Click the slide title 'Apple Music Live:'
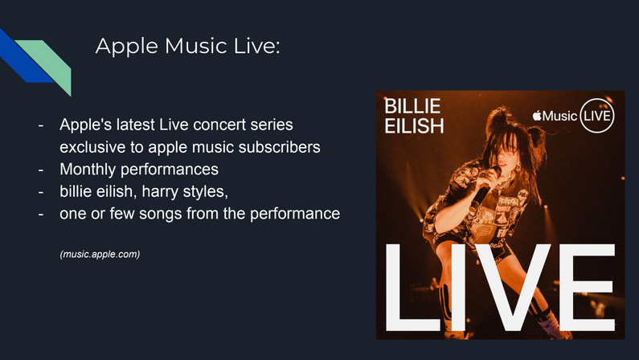point(188,46)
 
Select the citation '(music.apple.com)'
point(100,255)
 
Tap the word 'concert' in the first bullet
point(219,125)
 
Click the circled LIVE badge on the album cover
point(596,116)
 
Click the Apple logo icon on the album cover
point(537,116)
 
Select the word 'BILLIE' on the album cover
point(412,106)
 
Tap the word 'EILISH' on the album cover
point(414,126)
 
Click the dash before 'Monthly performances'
point(41,170)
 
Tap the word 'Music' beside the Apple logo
point(560,116)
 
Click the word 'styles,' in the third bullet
point(206,192)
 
